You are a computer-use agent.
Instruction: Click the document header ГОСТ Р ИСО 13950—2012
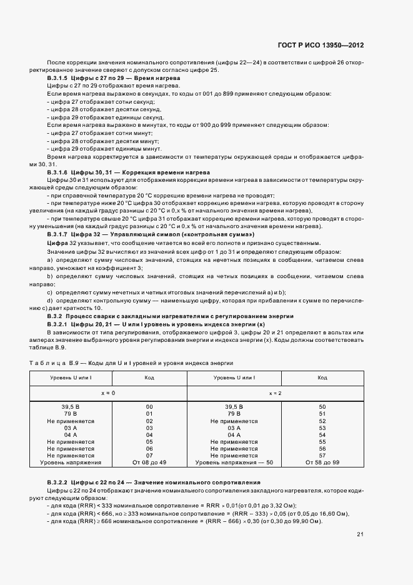[329, 46]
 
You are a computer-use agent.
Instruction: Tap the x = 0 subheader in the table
[109, 394]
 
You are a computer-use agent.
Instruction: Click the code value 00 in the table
[149, 407]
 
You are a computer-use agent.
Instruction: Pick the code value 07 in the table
[149, 456]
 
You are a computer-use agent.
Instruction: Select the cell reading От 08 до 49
[149, 462]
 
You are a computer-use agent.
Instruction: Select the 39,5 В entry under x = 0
[71, 407]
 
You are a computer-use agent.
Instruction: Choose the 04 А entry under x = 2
[234, 434]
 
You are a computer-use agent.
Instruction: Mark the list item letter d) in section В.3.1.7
[49, 301]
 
